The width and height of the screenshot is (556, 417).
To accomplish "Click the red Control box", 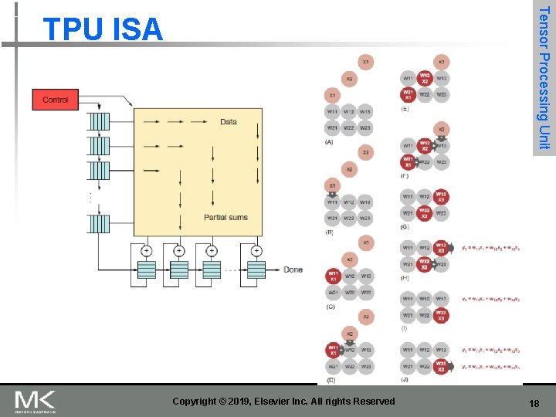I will (55, 100).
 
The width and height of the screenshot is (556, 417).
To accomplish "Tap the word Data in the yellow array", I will (229, 122).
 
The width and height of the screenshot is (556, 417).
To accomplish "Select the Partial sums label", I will (225, 217).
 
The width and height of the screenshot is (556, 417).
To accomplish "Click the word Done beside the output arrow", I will (293, 270).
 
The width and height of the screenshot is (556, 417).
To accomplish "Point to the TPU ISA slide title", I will (103, 29).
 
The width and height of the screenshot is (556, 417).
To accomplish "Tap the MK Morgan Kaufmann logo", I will (36, 401).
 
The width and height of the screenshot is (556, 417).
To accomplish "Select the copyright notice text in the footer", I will (283, 401).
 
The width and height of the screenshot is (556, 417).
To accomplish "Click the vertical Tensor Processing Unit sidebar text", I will (544, 77).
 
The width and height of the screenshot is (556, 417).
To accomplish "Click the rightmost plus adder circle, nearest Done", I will (256, 251).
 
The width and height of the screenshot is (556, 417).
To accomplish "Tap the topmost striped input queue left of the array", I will (99, 122).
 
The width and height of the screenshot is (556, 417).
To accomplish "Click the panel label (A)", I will (330, 142).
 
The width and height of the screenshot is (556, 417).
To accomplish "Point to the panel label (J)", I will (405, 379).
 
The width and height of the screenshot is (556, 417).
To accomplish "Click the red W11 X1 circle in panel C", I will (333, 276).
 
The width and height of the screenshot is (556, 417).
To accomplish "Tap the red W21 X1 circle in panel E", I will (407, 95).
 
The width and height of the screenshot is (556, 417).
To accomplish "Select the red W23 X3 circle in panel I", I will (441, 315).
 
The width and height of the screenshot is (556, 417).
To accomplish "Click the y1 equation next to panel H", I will (490, 248).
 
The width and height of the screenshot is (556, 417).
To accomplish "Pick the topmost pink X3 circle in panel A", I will (365, 61).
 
